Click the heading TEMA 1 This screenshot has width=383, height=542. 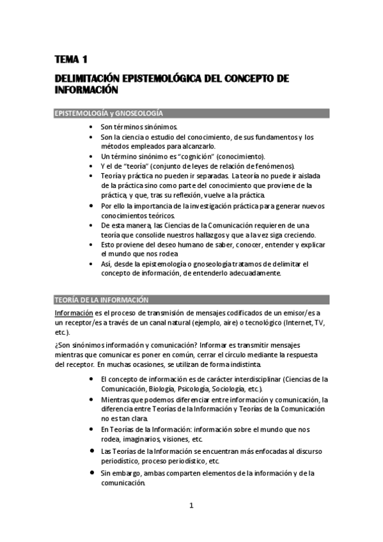70,60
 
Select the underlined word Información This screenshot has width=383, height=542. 73,313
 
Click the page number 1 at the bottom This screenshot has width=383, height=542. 191,506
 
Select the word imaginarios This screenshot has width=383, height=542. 145,439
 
